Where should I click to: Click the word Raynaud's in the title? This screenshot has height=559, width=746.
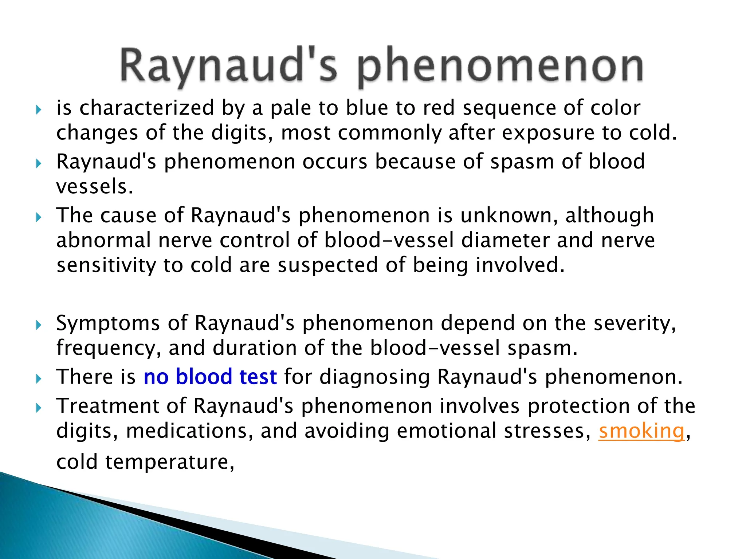[x=228, y=66]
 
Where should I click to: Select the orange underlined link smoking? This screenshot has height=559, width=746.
[x=641, y=431]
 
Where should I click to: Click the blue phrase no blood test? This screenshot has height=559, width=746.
[x=210, y=377]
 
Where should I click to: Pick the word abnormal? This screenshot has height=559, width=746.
[x=103, y=240]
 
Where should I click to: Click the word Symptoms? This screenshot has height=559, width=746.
[x=108, y=323]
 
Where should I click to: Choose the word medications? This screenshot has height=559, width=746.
[x=189, y=431]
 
